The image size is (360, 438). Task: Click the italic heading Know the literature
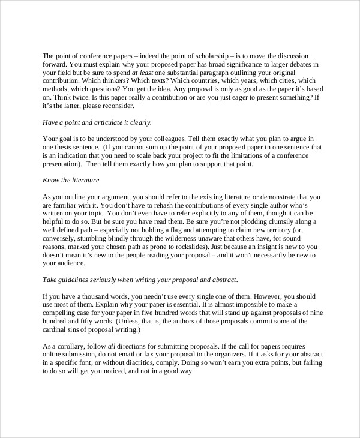point(71,180)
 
